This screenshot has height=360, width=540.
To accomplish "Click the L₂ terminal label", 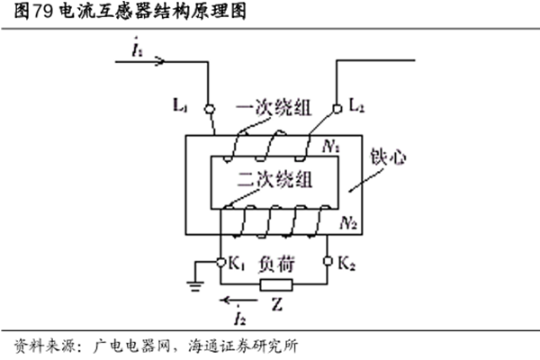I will click(x=355, y=106).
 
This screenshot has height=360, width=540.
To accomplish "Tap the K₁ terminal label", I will click(x=236, y=265).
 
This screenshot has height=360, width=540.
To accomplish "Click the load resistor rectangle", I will click(x=274, y=286).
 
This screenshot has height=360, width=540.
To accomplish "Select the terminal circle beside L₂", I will click(x=337, y=106).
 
